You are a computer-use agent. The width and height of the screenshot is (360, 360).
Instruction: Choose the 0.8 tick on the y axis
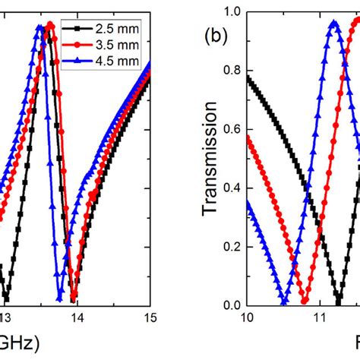pos(230,71)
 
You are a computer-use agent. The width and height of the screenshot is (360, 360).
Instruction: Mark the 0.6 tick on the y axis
pos(230,130)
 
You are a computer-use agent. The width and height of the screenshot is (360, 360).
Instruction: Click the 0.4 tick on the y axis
pos(230,188)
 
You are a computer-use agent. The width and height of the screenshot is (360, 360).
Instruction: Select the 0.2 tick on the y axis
pos(230,247)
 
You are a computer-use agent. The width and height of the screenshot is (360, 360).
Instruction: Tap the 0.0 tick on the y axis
pos(230,305)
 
